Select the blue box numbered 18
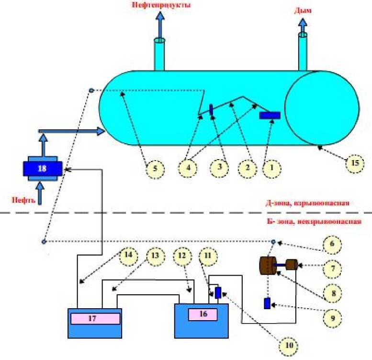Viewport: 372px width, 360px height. click(x=43, y=168)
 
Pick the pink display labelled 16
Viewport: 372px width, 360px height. click(x=203, y=314)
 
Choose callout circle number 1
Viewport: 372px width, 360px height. click(x=272, y=168)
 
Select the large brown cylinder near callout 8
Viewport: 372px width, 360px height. click(x=267, y=266)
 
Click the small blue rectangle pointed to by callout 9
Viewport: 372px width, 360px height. click(x=267, y=303)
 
